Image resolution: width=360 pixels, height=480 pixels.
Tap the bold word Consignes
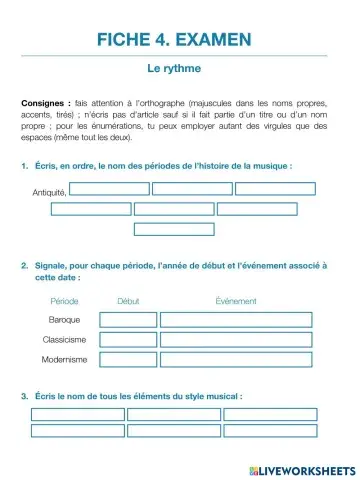45,103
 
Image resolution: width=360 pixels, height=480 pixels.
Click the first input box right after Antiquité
109,188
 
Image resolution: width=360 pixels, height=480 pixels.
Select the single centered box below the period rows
174,228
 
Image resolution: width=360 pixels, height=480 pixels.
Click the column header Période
65,300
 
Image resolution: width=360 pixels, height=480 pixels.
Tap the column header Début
128,300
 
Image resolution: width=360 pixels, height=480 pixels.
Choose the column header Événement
235,300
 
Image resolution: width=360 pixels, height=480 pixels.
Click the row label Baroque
65,320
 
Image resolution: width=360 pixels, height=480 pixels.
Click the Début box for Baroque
128,319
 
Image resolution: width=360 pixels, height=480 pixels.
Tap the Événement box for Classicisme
235,339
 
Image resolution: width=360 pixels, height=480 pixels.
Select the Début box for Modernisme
128,359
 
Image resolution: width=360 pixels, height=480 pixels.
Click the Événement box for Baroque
235,319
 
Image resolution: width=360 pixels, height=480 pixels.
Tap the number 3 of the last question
23,397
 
